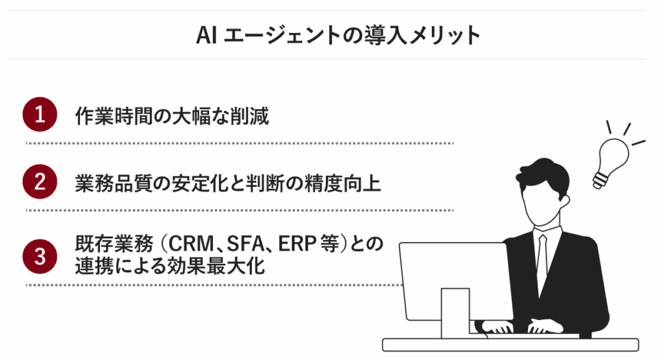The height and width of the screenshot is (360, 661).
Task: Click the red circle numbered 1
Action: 39,115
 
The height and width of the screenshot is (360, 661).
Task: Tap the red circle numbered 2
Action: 39,182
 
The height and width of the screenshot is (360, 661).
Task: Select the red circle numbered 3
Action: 39,256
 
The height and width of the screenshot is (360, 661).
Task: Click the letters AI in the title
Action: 206,35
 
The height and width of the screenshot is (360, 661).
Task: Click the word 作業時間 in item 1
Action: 114,116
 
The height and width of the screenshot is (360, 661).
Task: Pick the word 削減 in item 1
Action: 249,116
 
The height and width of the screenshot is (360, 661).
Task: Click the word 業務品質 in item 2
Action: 114,183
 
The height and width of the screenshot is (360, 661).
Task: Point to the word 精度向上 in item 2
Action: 343,183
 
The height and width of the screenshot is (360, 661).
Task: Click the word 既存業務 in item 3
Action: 114,244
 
